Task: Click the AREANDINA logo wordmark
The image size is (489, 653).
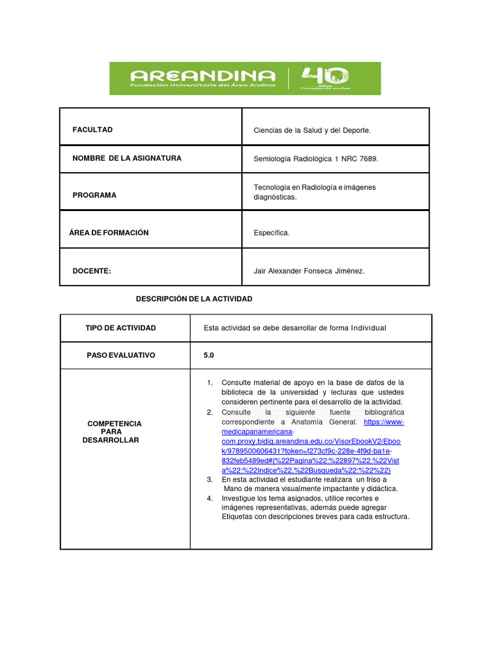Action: tap(202, 75)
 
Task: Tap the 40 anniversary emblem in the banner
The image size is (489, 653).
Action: tap(325, 77)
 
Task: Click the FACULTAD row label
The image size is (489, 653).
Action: tap(92, 129)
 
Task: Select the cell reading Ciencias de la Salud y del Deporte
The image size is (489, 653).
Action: tap(312, 130)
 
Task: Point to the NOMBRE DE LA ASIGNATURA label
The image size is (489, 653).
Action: tap(127, 158)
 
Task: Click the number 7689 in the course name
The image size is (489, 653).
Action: tap(367, 159)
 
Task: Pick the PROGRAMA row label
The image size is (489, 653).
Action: tap(94, 195)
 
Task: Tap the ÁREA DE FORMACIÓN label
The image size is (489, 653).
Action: tap(109, 233)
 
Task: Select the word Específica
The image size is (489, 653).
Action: tap(271, 233)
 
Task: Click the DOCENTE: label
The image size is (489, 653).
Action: tap(92, 271)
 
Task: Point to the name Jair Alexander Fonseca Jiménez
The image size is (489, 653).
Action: tap(309, 271)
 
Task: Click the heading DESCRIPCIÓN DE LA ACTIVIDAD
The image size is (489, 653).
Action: tap(195, 298)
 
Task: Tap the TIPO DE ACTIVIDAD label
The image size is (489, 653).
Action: tap(120, 328)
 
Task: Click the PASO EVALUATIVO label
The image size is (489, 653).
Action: tap(120, 355)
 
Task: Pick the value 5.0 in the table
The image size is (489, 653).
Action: tap(209, 355)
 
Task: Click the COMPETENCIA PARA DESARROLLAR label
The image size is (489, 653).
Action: tap(114, 432)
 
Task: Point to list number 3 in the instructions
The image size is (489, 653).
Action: tap(209, 479)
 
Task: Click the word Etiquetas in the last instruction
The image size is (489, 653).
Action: tap(238, 517)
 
